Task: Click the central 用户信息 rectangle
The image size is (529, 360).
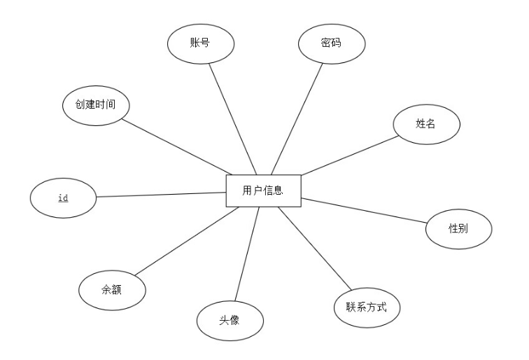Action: pos(263,191)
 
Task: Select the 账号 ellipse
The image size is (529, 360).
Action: pos(199,43)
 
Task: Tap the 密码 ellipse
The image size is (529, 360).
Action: pos(332,43)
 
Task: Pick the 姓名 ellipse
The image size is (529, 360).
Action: pos(426,124)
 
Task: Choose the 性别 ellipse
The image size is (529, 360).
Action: pos(458,228)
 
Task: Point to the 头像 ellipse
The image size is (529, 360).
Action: pos(230,321)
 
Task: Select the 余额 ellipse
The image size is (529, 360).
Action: pos(112,289)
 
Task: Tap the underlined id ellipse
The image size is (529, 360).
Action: pos(63,198)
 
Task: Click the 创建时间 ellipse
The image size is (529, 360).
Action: pos(95,105)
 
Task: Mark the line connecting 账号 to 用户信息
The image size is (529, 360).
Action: pos(233,119)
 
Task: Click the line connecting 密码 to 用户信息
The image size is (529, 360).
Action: pos(297,118)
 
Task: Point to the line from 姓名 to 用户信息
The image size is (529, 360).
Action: pos(350,155)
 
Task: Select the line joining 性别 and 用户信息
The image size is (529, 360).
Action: pos(364,211)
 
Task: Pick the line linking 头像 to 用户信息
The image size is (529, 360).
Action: pos(247,255)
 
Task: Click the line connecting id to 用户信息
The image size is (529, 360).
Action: pos(161,195)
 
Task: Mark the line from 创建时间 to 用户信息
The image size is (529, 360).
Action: pos(177,146)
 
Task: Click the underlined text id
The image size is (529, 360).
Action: pos(63,198)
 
